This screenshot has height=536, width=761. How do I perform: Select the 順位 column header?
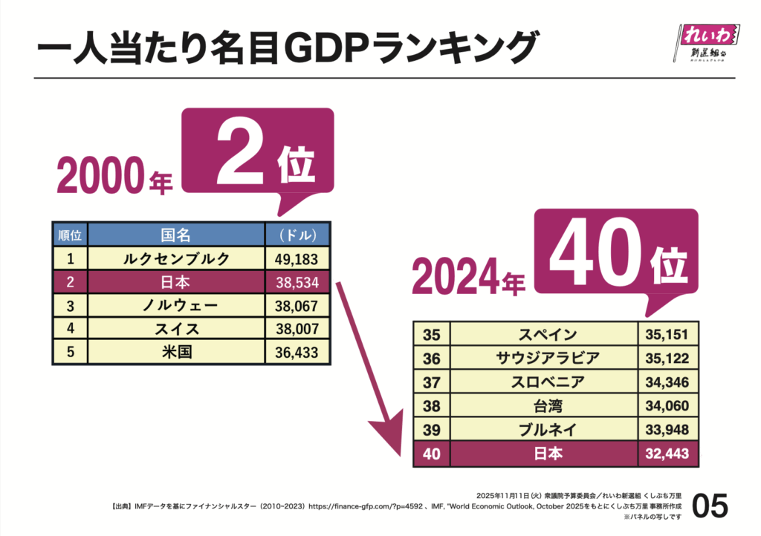[69, 235]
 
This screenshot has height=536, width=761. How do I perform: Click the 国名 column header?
[176, 235]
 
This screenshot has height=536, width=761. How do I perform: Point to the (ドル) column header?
[297, 235]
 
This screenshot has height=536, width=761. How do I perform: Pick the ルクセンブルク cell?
[176, 258]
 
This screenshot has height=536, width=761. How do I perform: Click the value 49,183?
[297, 258]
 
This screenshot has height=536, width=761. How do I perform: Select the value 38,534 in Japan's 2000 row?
[297, 282]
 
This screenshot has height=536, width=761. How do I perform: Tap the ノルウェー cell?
[176, 305]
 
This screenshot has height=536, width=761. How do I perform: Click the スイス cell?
[176, 328]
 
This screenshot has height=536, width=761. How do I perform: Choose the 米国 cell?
[176, 351]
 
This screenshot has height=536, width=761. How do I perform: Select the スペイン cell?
[547, 335]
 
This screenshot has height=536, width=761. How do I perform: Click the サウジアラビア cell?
[547, 359]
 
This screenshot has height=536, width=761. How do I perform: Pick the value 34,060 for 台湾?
[668, 405]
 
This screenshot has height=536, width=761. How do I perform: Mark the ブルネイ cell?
[547, 429]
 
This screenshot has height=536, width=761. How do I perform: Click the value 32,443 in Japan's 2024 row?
[668, 453]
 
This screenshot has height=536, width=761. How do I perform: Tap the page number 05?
[710, 507]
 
